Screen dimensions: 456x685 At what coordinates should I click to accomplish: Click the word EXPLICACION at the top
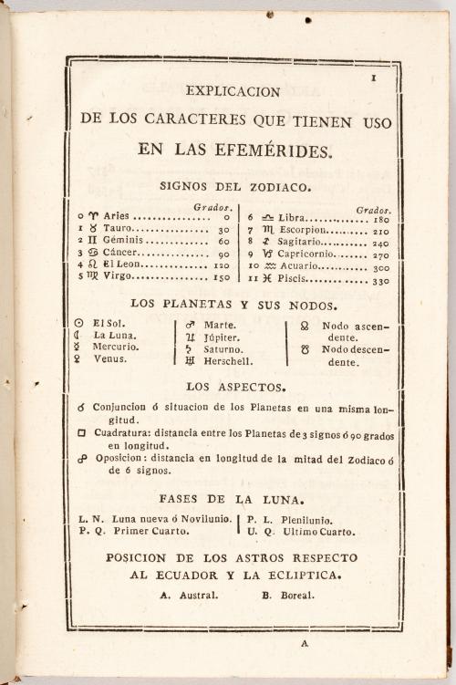(233, 91)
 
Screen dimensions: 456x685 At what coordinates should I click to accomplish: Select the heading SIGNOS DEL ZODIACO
(234, 185)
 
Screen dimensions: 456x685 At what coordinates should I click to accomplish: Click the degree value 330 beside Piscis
(380, 281)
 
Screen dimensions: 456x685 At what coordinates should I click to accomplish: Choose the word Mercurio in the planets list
(116, 348)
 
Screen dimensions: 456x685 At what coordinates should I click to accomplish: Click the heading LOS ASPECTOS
(234, 387)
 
